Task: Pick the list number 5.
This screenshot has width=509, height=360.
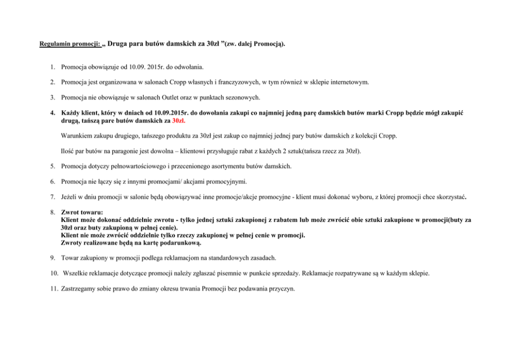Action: (x=53, y=166)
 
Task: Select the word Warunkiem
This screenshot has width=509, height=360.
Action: (x=76, y=136)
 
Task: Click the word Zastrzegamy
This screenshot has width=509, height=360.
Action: (x=80, y=289)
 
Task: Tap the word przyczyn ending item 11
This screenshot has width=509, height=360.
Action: (x=282, y=289)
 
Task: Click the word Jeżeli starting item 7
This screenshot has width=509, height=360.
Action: (x=69, y=196)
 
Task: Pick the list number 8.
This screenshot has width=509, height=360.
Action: (x=53, y=212)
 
